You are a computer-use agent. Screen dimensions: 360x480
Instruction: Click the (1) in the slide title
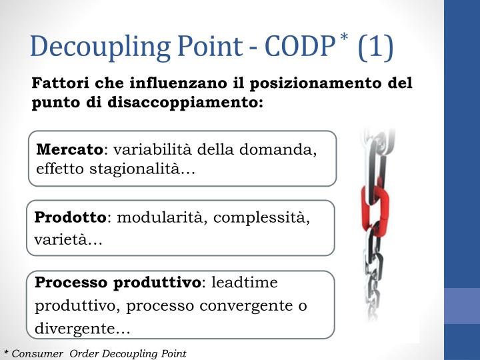click(x=375, y=46)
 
